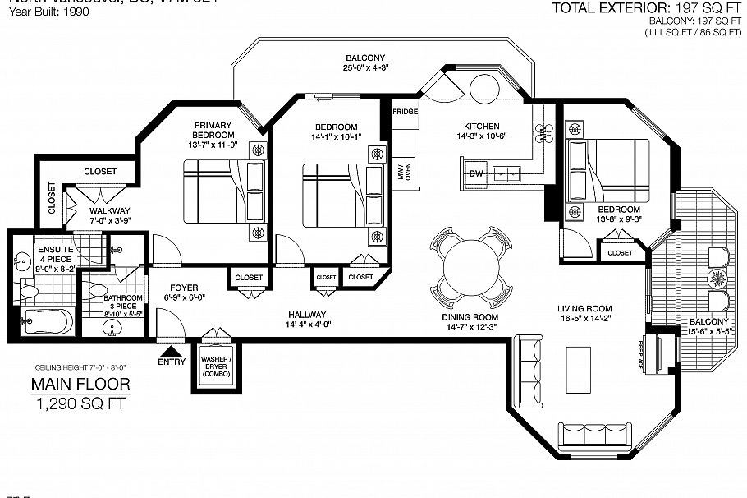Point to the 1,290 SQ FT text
80,403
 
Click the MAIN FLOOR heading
80,384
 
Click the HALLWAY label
307,315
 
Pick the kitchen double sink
511,173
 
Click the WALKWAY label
109,210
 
